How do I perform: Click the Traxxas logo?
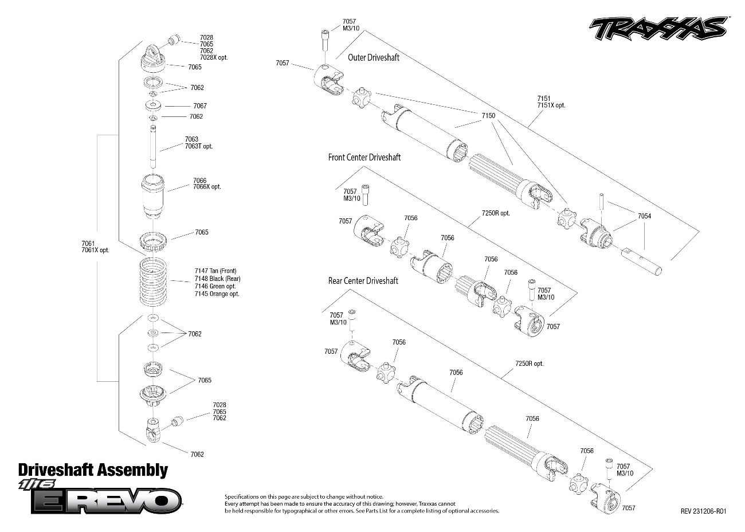tap(658, 29)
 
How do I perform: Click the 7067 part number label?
tap(199, 106)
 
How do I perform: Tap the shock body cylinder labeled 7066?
tap(153, 195)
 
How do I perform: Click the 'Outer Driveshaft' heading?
tap(374, 57)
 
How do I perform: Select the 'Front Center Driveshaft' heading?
tap(364, 157)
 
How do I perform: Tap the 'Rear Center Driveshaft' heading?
tap(363, 281)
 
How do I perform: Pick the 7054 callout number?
tap(644, 216)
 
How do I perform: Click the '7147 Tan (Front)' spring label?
tap(215, 271)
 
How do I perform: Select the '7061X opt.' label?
tap(95, 251)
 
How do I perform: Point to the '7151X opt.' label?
tap(551, 105)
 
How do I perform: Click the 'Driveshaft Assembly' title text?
tap(93, 471)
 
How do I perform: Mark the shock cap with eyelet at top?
tap(154, 58)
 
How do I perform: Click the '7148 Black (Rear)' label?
tap(217, 279)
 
